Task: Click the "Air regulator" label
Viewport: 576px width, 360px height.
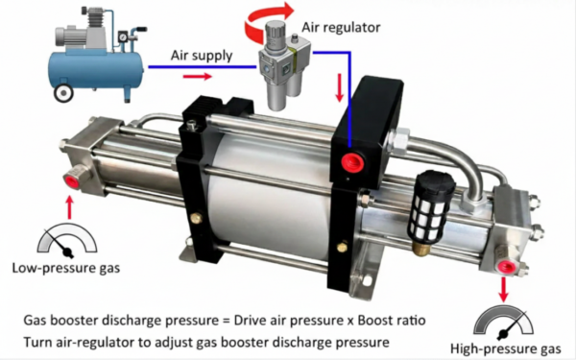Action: (341, 28)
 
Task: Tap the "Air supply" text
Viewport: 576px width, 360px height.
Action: (202, 56)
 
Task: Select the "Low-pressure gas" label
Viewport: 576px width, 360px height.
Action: (66, 268)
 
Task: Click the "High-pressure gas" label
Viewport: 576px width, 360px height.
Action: (506, 348)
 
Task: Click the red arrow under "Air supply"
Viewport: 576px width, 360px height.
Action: (197, 77)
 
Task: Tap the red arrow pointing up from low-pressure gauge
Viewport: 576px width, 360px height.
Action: (69, 208)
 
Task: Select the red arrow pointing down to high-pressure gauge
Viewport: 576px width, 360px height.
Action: (504, 290)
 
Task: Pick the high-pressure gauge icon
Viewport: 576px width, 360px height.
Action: (503, 324)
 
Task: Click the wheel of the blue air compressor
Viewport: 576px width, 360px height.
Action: (63, 92)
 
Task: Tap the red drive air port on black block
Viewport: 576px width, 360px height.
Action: (352, 162)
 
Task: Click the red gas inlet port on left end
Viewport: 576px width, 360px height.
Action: (72, 181)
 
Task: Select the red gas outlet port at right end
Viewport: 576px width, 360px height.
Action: (506, 266)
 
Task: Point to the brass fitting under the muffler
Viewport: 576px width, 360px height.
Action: (421, 248)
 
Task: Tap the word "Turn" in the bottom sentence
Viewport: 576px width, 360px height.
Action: (37, 342)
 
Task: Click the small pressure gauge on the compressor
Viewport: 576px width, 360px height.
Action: (122, 37)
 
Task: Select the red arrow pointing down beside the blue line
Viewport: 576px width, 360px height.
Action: (340, 87)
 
